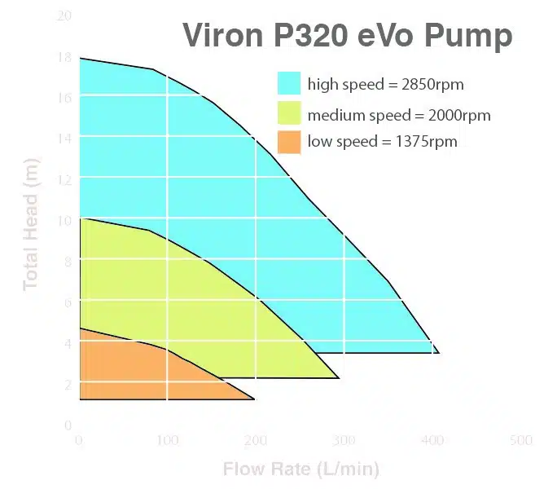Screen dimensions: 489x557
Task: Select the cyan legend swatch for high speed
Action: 289,84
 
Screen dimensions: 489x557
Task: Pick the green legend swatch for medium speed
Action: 289,114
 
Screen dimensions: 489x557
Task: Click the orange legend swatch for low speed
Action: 289,142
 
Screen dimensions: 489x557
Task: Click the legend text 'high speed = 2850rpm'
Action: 385,85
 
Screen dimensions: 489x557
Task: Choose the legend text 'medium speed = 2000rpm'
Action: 399,115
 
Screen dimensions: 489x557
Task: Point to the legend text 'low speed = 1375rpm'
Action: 382,142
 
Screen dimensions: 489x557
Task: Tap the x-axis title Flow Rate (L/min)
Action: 300,469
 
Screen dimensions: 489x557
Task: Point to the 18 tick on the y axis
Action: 64,57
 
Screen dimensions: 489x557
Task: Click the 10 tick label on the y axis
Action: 64,220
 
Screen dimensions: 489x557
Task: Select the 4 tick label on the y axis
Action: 67,343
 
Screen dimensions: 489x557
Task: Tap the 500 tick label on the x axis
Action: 520,441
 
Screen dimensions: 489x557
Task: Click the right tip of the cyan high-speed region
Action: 438,352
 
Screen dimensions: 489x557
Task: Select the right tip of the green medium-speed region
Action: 338,377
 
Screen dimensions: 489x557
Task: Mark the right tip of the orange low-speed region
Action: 254,399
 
